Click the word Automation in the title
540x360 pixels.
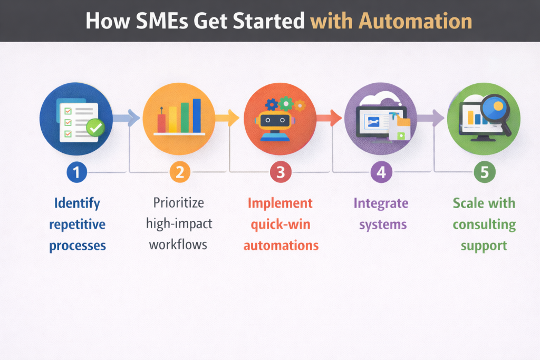coord(415,21)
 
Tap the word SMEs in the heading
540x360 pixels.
coord(162,21)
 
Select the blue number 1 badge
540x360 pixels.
coord(77,172)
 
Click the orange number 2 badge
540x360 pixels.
coord(180,172)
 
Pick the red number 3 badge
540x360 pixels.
coord(281,172)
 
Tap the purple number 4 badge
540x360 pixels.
coord(381,172)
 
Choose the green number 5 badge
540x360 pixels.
coord(485,172)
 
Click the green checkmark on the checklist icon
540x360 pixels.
coord(95,128)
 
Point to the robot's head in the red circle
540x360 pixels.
coord(275,121)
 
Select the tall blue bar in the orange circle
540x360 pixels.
coord(197,115)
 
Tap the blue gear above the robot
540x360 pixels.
coord(272,104)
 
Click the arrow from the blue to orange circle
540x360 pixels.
coord(126,118)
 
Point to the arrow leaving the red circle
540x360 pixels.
coord(329,118)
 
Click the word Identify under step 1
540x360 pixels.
coord(77,203)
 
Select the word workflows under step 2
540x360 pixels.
coord(178,245)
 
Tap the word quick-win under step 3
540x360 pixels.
coord(281,225)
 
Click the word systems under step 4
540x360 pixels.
coord(383,225)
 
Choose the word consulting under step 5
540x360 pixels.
coord(484,225)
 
